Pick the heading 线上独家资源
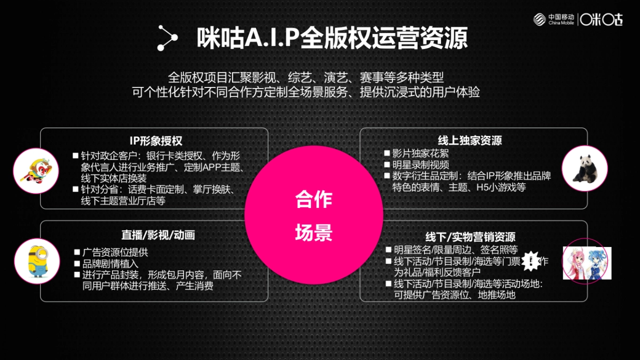click(x=470, y=141)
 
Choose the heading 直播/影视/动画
click(x=154, y=235)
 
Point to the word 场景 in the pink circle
click(x=314, y=233)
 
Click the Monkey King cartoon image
click(x=36, y=171)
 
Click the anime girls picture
click(x=587, y=263)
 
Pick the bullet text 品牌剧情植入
click(x=110, y=263)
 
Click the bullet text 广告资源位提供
click(x=115, y=252)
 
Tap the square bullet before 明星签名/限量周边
click(x=388, y=250)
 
